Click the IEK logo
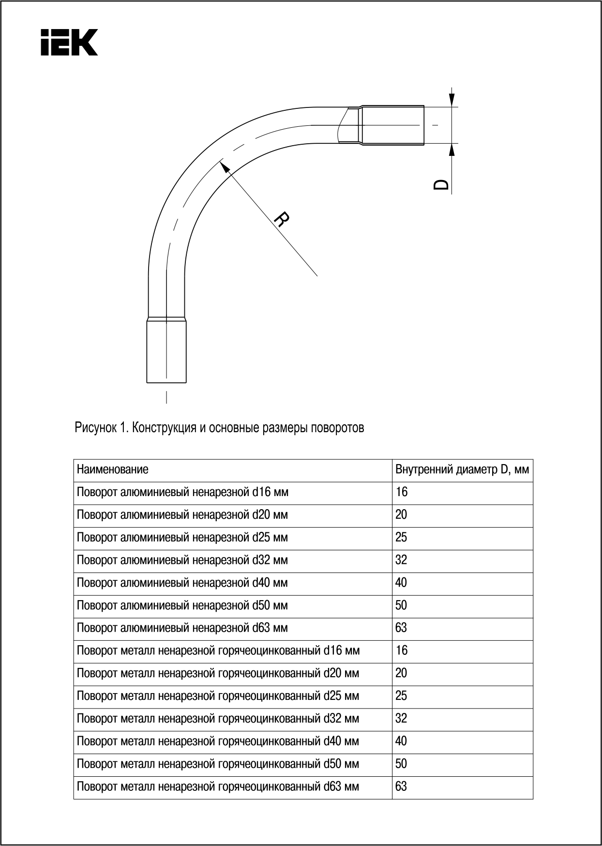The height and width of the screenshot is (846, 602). (x=69, y=42)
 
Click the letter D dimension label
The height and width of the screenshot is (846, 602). (x=441, y=184)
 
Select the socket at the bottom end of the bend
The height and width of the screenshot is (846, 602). (x=166, y=350)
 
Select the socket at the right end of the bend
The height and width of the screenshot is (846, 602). (x=392, y=125)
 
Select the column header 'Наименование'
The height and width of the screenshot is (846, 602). (x=113, y=469)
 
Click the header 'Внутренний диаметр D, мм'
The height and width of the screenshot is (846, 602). (x=462, y=469)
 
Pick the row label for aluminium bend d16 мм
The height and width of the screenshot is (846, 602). (x=182, y=492)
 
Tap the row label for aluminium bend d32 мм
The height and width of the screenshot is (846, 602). (x=182, y=560)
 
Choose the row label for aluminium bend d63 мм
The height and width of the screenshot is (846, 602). (x=182, y=628)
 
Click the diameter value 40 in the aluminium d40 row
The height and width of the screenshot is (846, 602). (x=401, y=583)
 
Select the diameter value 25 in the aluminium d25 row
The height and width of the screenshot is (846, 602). (x=401, y=537)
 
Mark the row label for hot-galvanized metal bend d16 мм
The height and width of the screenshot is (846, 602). (x=218, y=650)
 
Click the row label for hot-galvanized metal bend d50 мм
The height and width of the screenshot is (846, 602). (x=218, y=764)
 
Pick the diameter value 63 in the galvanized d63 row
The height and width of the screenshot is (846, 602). (x=401, y=786)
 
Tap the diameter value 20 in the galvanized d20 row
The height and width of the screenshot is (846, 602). (x=401, y=673)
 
